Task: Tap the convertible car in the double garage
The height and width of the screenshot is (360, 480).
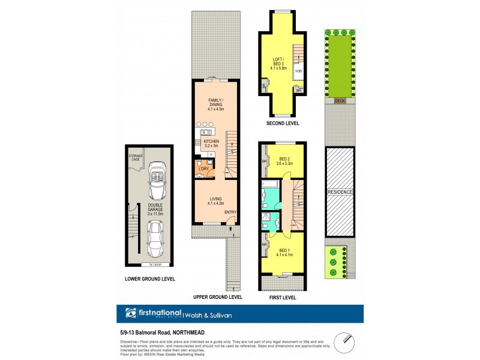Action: click(157, 176)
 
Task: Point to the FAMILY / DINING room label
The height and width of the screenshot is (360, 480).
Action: click(215, 104)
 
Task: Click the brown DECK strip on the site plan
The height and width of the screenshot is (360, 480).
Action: click(340, 101)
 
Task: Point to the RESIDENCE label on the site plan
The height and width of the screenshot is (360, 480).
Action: click(340, 192)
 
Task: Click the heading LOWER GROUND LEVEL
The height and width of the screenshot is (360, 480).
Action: click(149, 279)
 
